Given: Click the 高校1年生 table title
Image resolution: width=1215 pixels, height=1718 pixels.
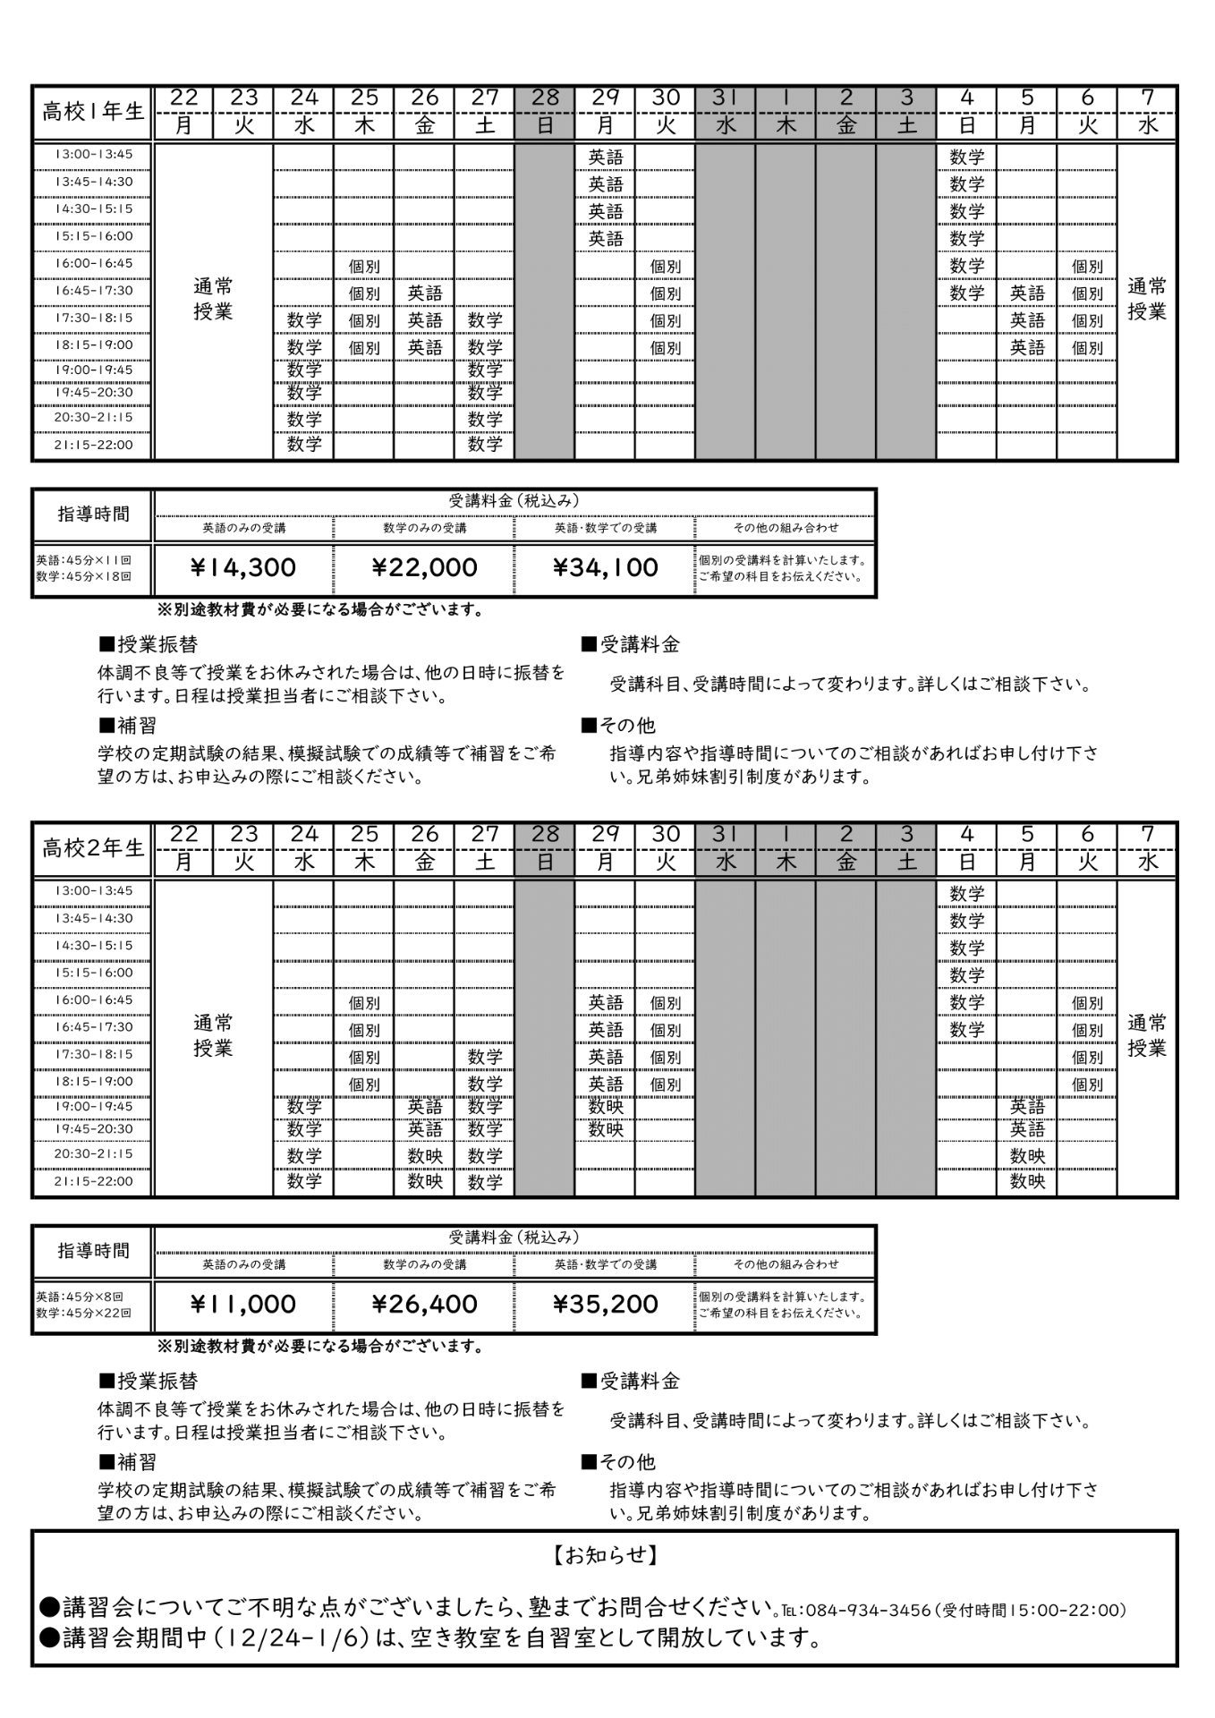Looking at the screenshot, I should click(x=93, y=112).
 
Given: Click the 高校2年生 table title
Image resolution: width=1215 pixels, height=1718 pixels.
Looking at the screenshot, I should click(x=93, y=848).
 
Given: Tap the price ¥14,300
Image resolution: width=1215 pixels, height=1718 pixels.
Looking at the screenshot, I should click(x=243, y=567).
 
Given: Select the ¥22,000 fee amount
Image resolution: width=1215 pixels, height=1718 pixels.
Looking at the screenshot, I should click(x=424, y=567).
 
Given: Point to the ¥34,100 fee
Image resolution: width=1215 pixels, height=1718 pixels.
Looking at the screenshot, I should click(x=606, y=567).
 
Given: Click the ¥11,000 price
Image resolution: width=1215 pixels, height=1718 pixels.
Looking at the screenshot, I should click(x=243, y=1304).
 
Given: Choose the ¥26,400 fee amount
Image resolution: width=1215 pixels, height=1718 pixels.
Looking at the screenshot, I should click(x=424, y=1304).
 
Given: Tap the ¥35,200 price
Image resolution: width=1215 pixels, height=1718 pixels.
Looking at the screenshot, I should click(x=606, y=1304).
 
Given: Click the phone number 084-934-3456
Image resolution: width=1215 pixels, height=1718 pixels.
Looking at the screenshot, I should click(x=868, y=1611).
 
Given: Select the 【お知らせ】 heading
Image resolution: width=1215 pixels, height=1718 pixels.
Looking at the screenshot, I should click(x=606, y=1555).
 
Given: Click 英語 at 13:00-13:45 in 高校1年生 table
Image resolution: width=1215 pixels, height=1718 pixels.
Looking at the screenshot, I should click(x=606, y=157).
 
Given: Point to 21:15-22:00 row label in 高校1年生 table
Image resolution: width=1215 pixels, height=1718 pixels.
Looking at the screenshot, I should click(x=93, y=445).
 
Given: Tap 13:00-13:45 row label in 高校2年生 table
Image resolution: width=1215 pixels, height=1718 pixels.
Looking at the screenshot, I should click(x=93, y=890).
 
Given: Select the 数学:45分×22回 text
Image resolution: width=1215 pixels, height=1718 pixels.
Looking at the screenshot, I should click(x=83, y=1313).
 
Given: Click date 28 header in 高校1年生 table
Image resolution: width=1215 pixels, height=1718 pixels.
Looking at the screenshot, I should click(x=545, y=98).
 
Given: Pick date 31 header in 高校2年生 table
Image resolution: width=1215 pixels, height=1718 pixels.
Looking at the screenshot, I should click(x=725, y=834).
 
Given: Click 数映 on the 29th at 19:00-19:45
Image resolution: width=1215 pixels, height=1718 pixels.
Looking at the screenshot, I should click(x=606, y=1107).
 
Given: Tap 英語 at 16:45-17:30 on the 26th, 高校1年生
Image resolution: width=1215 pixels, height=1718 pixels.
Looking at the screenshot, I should click(x=425, y=293).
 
